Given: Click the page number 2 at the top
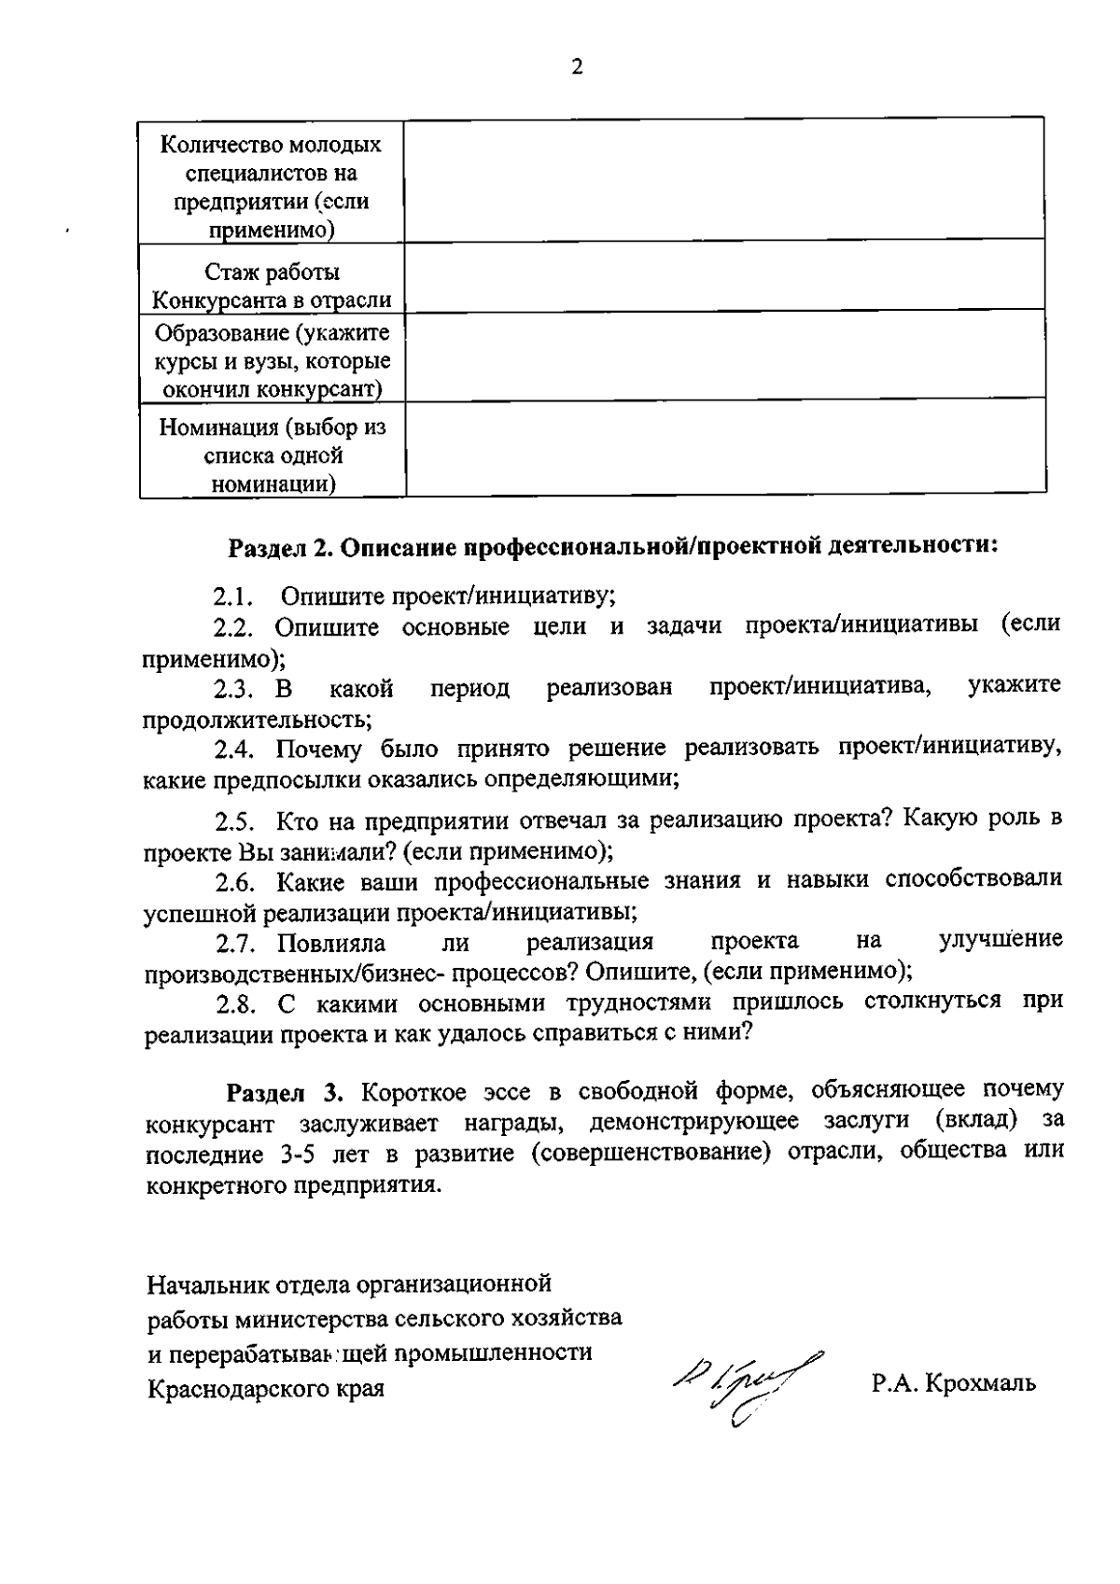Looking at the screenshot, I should (577, 67).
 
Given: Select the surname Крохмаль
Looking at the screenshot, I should (979, 1382).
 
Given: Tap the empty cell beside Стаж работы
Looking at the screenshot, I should (724, 274).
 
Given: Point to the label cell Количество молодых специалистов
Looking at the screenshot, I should (272, 185).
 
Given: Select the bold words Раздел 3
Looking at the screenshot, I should (287, 1091).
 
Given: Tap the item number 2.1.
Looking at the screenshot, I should (234, 596).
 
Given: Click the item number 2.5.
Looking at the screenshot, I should (235, 822).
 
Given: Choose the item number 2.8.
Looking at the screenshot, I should (235, 1004).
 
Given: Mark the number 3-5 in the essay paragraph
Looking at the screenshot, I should (299, 1154).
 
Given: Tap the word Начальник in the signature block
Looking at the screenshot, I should (207, 1286).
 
